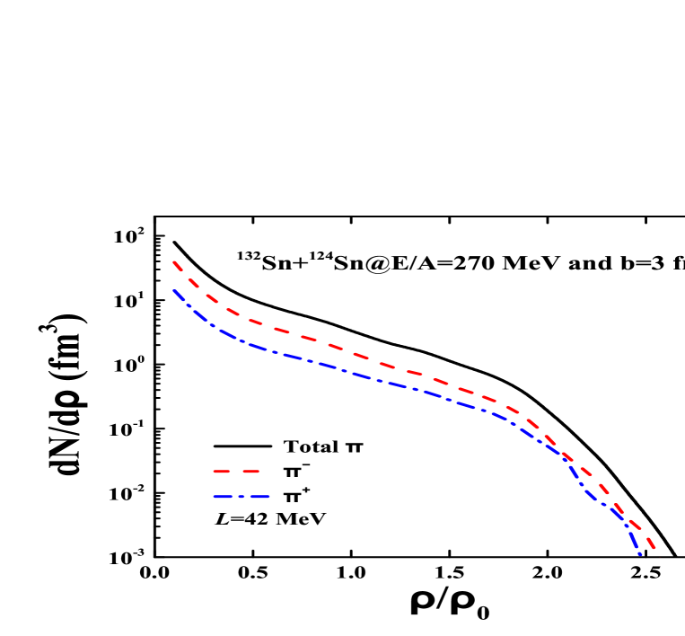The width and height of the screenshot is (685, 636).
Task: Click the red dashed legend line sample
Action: tap(236, 471)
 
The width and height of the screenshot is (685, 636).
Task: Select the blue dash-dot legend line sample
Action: tap(242, 497)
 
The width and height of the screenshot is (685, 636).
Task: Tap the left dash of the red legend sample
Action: tap(222, 471)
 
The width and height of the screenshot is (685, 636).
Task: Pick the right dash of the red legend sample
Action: tap(250, 471)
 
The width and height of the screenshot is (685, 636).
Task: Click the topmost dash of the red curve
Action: tap(178, 266)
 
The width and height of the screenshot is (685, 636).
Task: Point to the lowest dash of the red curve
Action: tap(651, 543)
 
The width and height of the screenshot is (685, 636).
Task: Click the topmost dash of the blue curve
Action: tap(179, 295)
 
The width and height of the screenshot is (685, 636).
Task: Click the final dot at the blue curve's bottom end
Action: tap(640, 554)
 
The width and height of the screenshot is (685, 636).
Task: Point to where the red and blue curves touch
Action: tap(567, 459)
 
